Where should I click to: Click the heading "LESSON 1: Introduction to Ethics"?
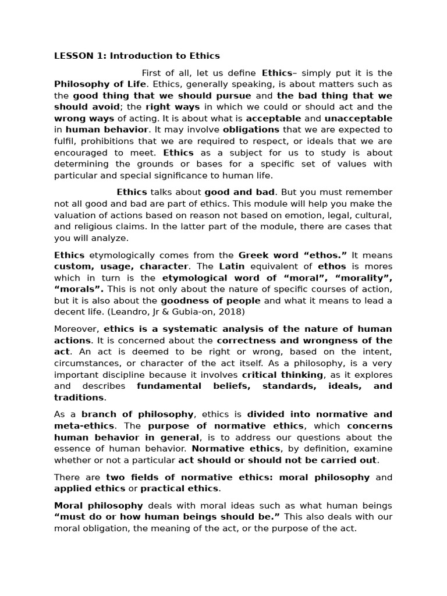[x=137, y=56]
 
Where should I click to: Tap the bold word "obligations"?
[x=251, y=129]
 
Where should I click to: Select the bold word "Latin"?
[x=232, y=266]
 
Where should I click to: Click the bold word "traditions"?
[x=79, y=397]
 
